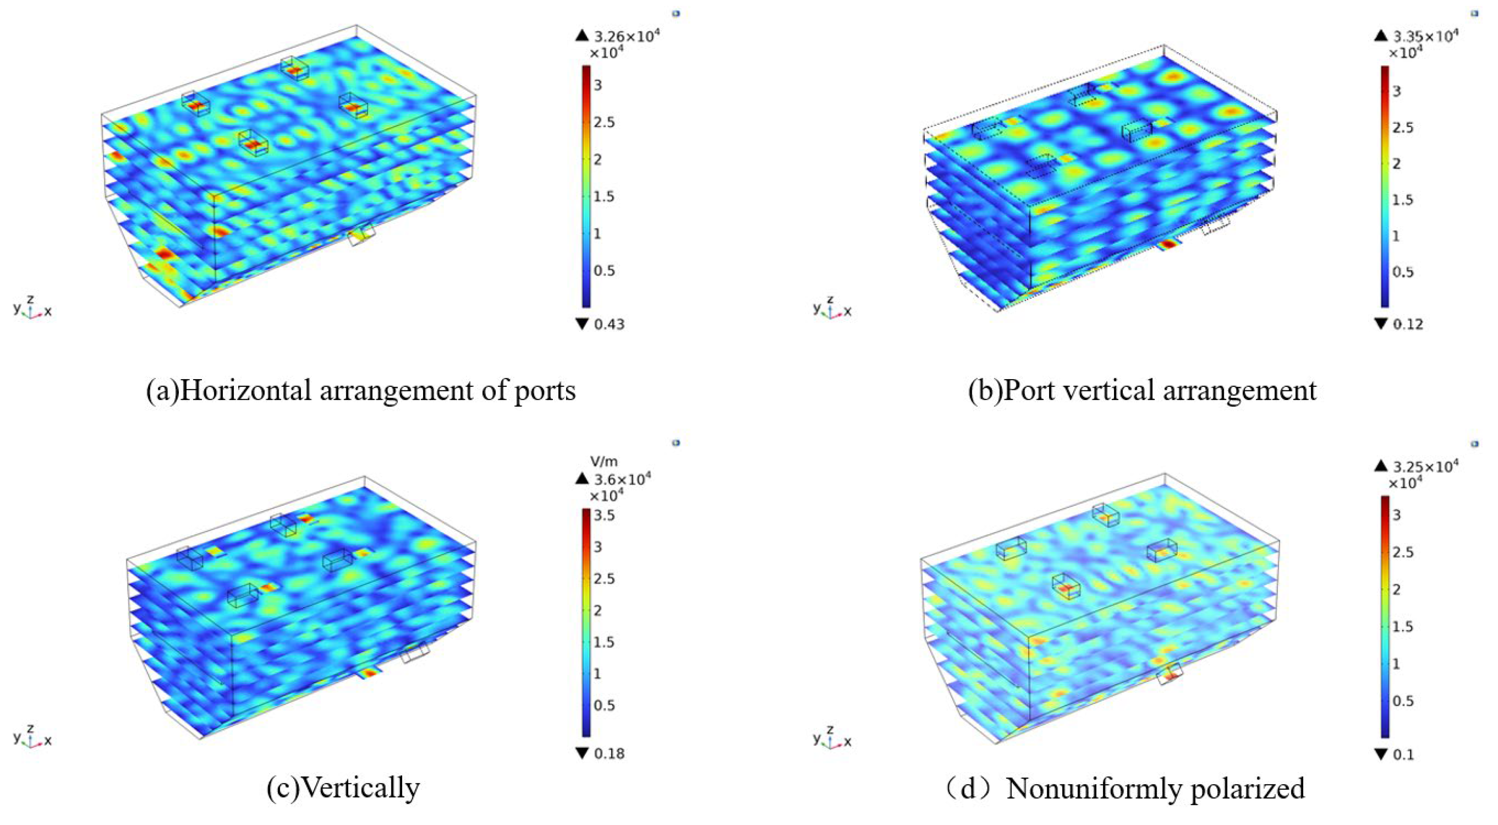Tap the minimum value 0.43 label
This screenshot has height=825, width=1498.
609,324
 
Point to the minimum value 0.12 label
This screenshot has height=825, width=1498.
1408,324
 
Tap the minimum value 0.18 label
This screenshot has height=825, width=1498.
609,753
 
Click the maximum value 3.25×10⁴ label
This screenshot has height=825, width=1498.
1425,466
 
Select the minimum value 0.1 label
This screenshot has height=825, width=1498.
1403,755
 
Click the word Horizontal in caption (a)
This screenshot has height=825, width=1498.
246,390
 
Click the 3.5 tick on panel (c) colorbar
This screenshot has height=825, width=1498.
605,515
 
